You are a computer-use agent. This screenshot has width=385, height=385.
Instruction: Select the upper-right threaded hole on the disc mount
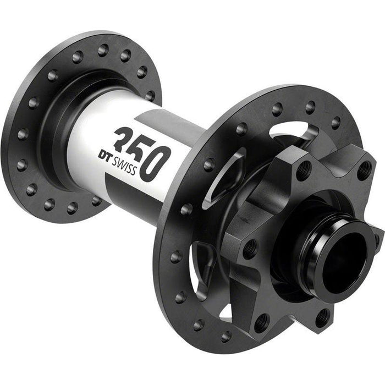364,170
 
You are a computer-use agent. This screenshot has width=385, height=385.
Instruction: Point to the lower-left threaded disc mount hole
263,321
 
